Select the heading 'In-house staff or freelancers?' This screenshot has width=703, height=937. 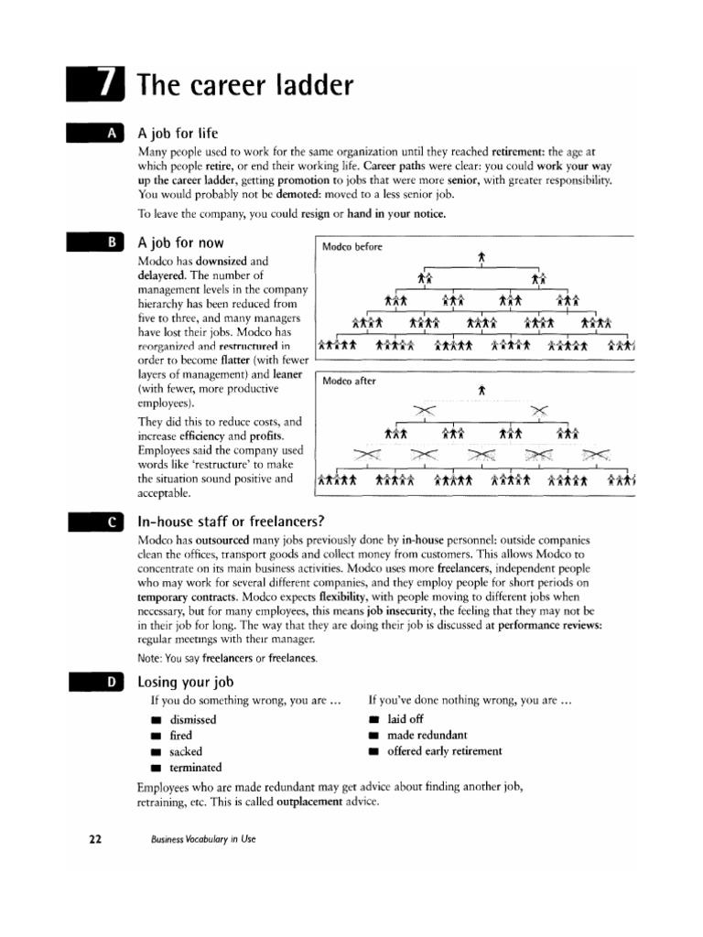(231, 522)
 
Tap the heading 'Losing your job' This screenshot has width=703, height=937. (185, 682)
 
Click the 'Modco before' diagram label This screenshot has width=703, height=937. (352, 247)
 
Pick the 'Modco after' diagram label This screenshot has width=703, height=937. (348, 381)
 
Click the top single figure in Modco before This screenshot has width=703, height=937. (481, 259)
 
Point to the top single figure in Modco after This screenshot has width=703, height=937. (481, 392)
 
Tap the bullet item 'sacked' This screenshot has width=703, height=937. (186, 751)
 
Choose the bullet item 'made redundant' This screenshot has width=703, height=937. (427, 735)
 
